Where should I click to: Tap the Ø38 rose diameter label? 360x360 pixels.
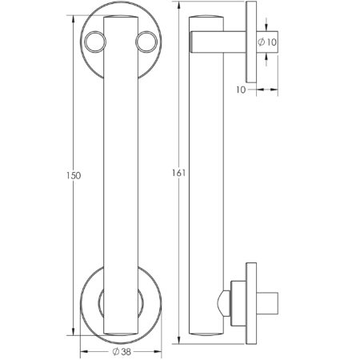click(x=121, y=350)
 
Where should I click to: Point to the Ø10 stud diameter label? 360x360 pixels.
click(x=268, y=41)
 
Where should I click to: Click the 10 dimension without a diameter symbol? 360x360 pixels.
click(x=240, y=90)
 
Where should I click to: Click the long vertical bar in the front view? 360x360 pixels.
click(x=121, y=176)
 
